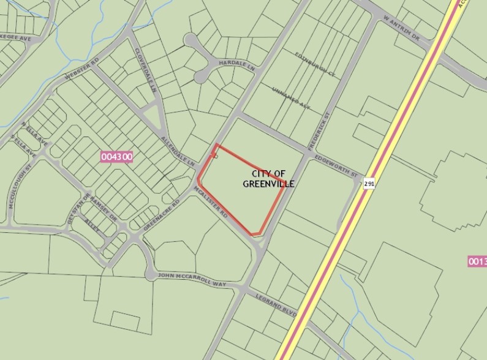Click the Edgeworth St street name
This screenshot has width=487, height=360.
click(x=336, y=165)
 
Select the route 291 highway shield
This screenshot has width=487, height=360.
click(x=368, y=183)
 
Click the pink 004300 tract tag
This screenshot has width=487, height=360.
click(x=116, y=157)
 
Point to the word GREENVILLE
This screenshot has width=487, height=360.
click(x=268, y=184)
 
